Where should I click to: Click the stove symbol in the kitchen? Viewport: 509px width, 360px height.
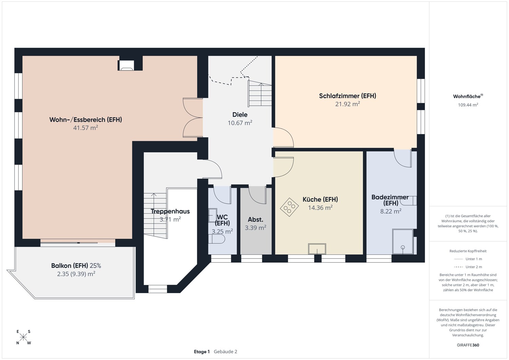click(x=289, y=207)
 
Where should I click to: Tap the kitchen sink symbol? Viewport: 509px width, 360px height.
click(x=317, y=249)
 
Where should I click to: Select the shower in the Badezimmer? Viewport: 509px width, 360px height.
click(x=403, y=242)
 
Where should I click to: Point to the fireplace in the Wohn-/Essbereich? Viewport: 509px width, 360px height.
click(x=127, y=66)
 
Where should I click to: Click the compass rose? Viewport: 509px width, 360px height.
click(x=23, y=337)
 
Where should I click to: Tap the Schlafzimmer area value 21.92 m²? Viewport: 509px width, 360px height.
click(x=347, y=104)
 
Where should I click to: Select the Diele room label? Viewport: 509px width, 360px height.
click(x=240, y=115)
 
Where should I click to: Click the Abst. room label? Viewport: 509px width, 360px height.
click(x=256, y=220)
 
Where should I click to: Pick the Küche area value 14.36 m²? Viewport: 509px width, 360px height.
click(x=320, y=208)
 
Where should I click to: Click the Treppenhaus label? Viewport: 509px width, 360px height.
click(x=170, y=211)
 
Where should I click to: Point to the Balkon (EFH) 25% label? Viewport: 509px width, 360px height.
click(x=76, y=266)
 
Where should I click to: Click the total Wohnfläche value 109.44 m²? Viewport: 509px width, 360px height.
click(x=468, y=105)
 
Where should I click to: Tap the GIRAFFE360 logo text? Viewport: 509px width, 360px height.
click(x=468, y=345)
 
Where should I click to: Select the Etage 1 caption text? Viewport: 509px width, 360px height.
click(x=202, y=352)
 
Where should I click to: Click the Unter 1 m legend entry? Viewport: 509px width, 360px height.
click(x=468, y=259)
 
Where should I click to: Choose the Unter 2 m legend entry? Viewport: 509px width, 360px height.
click(x=468, y=267)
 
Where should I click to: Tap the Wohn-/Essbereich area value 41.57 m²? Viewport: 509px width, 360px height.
click(x=86, y=128)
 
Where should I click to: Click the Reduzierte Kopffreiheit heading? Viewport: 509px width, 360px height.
click(x=468, y=251)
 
